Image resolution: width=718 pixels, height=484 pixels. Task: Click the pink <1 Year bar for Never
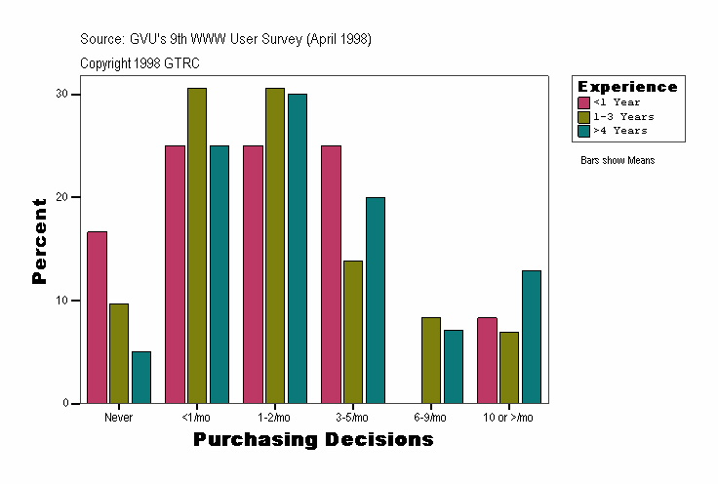(x=97, y=317)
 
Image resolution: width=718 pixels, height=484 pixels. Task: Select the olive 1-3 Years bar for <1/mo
(x=197, y=245)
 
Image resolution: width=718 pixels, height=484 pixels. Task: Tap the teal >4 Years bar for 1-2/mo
(x=297, y=248)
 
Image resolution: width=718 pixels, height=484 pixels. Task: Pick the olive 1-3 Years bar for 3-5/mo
(x=353, y=332)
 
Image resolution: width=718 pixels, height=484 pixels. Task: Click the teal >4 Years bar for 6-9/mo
(x=453, y=366)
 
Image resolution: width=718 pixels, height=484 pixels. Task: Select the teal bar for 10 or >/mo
(x=531, y=337)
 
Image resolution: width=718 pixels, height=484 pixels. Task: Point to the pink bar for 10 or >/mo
(x=487, y=360)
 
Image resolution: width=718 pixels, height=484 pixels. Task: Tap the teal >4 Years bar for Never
(x=141, y=377)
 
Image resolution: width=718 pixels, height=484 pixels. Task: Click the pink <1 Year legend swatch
(x=584, y=102)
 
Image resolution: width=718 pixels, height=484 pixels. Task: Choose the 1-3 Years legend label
(x=623, y=116)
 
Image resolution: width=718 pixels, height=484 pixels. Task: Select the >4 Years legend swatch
(x=584, y=130)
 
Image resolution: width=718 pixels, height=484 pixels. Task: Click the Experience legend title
(x=627, y=87)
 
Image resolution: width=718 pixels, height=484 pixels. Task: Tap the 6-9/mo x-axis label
(x=430, y=417)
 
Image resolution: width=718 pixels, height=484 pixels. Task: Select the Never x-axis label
(x=119, y=417)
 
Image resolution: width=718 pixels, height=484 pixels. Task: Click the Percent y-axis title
(x=39, y=241)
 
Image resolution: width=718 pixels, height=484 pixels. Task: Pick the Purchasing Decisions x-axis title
(x=313, y=439)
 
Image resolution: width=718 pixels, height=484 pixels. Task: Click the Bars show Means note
(x=618, y=160)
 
